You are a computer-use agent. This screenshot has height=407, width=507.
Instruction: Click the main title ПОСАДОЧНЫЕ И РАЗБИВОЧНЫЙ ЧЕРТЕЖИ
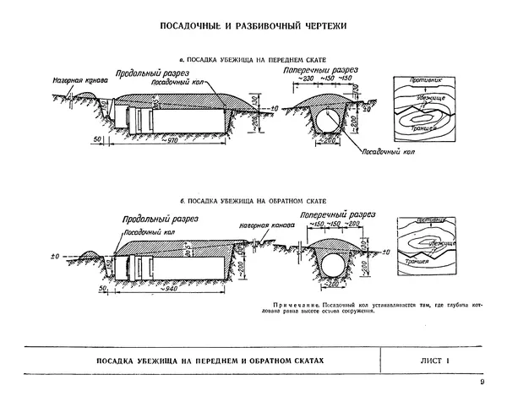click(253, 27)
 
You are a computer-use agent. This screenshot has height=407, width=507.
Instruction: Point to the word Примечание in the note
click(295, 302)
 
